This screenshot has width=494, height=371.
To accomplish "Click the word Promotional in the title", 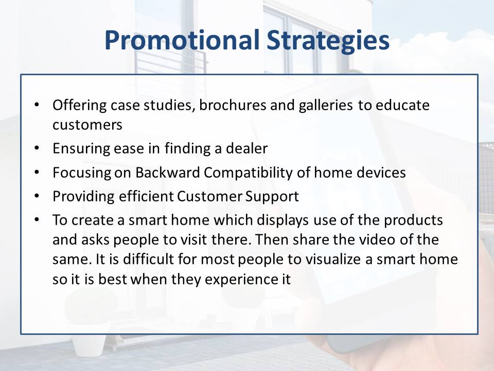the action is coord(182,40).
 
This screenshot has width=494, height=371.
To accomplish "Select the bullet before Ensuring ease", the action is coord(37,147).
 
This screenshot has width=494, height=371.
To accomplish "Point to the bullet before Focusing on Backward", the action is coord(37,172).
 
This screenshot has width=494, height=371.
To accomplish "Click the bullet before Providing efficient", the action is coord(37,196).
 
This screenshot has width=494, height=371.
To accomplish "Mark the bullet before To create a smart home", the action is coord(37,219).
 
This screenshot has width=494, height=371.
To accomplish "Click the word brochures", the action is coord(233,105).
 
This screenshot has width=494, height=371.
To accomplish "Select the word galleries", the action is coord(326,106).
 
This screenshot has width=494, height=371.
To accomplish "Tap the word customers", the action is coord(87,125).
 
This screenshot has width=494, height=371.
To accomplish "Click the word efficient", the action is coord(146,196).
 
